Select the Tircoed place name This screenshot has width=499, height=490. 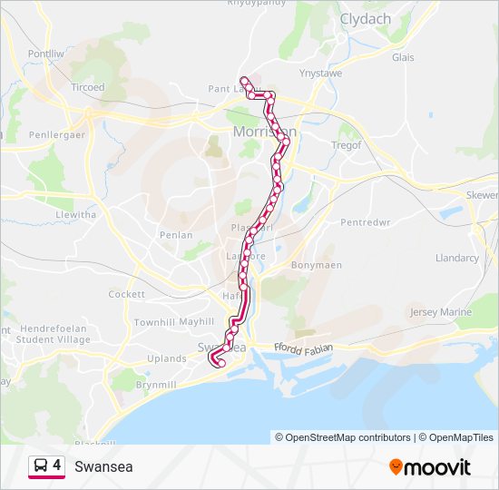click(88, 87)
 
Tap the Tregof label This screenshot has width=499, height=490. click(346, 144)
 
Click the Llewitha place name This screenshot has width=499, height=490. click(75, 215)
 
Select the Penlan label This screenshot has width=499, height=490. click(176, 235)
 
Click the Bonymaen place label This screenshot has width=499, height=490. click(317, 266)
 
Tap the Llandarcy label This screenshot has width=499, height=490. click(457, 258)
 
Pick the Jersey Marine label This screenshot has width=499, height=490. click(441, 312)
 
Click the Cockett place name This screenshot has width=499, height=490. click(126, 294)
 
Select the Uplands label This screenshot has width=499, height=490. click(167, 358)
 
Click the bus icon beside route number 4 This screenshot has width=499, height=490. click(40, 466)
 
